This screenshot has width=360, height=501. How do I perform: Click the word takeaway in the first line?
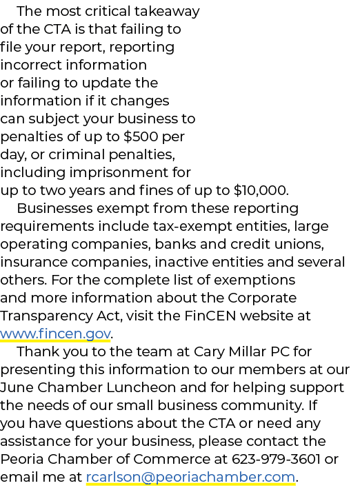click(x=167, y=12)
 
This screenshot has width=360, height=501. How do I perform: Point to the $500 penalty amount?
click(x=141, y=136)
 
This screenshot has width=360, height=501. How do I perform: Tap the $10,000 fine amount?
click(x=261, y=190)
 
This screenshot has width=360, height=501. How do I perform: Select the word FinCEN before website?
click(x=210, y=316)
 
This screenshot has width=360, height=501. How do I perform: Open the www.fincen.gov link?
click(x=55, y=334)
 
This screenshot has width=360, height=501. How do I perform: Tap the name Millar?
click(x=246, y=351)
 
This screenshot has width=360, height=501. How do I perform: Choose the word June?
click(x=17, y=387)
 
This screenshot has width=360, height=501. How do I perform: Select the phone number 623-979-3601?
click(x=276, y=459)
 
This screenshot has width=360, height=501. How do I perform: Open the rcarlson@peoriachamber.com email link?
click(x=190, y=478)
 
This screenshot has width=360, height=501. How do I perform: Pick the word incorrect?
click(x=31, y=65)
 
